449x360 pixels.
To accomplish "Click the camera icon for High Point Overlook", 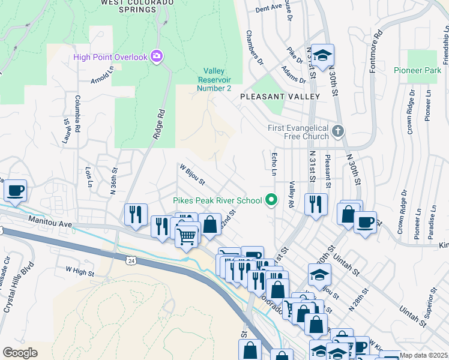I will (157, 57).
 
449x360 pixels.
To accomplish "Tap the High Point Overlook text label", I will (110, 57).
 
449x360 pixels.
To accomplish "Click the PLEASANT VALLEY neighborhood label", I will (280, 96).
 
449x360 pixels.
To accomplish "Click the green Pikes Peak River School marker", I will (272, 200).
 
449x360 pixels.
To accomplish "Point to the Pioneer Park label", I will (417, 70).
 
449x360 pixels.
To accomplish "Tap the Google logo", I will (20, 352).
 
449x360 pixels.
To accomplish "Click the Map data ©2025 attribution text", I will (423, 355).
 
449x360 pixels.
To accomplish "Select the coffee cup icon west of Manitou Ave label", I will (15, 191).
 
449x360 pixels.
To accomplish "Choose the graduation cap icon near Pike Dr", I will (322, 56).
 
